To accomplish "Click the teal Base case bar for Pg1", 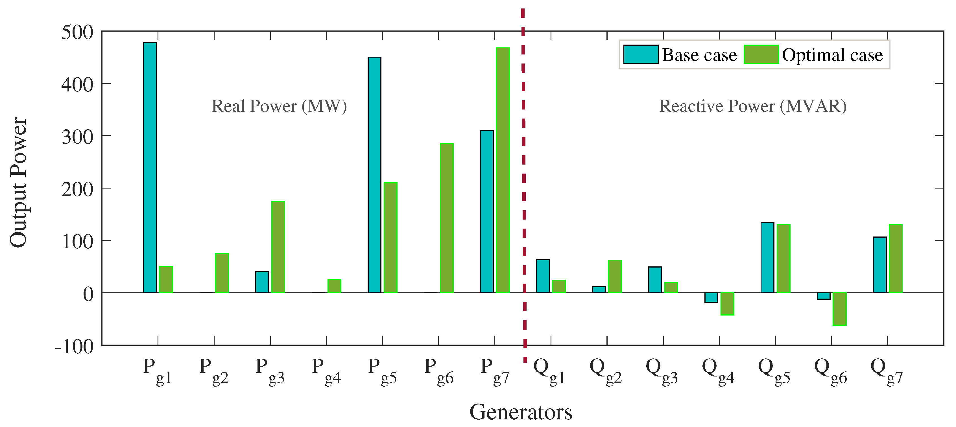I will (150, 167).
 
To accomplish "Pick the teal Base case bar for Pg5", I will (374, 175).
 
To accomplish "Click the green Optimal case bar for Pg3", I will (278, 247).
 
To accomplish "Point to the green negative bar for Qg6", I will (839, 309).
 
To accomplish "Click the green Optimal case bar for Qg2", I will (615, 276).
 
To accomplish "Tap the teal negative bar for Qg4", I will (711, 297).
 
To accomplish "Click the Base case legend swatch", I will (641, 54).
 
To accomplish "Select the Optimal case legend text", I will (832, 55).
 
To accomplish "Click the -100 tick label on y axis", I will (74, 347).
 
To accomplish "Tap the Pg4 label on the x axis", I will (326, 371).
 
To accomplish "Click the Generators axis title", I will (521, 412).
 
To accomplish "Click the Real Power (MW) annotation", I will (279, 106).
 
